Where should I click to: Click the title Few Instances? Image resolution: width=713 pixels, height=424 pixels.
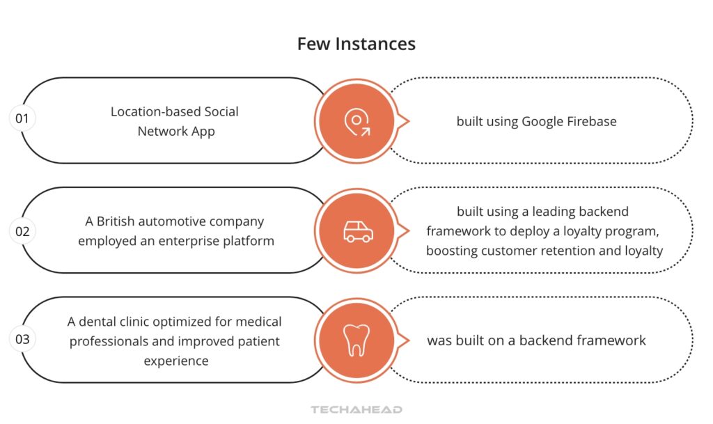coord(356,44)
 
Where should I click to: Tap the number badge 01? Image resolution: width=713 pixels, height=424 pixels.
coord(22,118)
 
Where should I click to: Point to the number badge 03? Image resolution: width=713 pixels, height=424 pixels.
coord(22,340)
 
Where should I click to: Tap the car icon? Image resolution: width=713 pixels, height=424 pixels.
coord(357,232)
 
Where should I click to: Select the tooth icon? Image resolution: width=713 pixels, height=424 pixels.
coord(356,340)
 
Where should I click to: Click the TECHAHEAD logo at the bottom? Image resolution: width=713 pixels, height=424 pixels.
coord(356,410)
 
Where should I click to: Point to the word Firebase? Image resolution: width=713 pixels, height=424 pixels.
coord(590,121)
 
